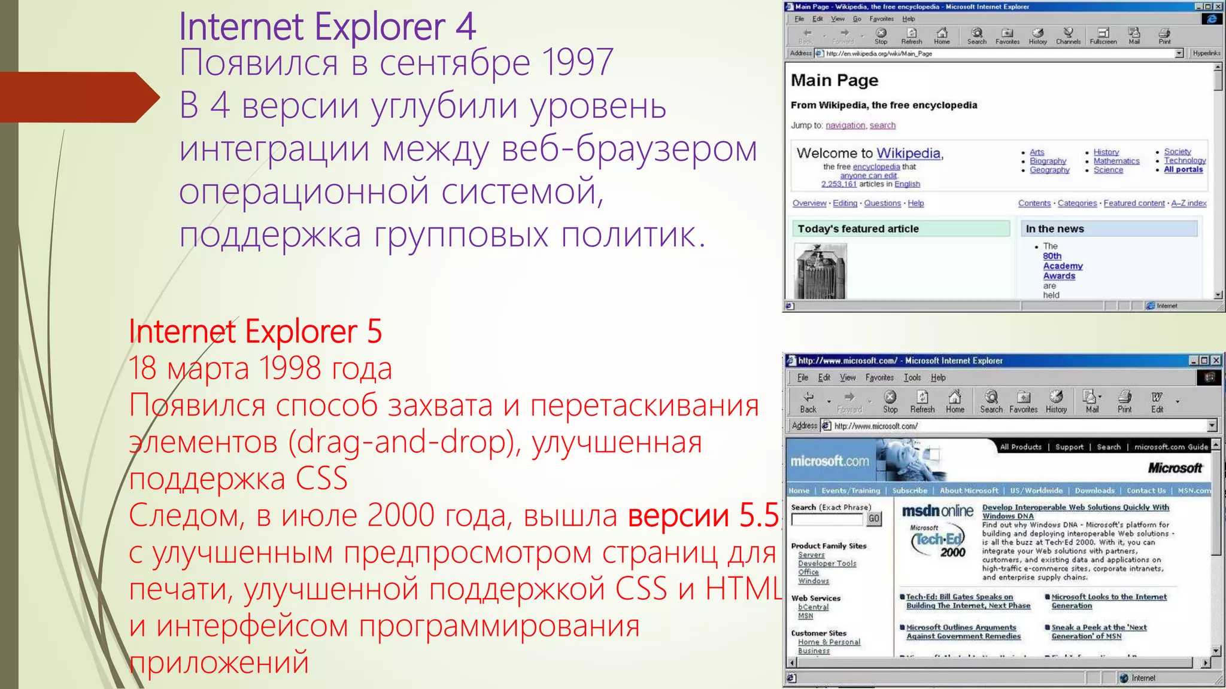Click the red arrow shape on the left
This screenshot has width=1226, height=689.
point(78,97)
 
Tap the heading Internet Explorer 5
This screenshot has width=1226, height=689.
point(255,332)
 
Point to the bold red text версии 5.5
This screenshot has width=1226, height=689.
point(703,516)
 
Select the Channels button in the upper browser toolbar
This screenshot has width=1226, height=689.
point(1068,36)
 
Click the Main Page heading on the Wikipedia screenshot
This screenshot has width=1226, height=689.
point(834,80)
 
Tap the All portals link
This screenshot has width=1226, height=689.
point(1183,169)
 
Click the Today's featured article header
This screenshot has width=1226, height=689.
point(858,228)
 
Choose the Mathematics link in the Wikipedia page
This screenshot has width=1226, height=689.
point(1116,161)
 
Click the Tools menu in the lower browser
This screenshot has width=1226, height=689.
point(912,377)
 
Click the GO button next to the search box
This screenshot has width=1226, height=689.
point(874,519)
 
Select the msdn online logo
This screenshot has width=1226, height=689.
point(937,511)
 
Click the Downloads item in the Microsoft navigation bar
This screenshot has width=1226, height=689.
point(1094,490)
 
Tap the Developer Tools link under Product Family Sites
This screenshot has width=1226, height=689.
point(827,563)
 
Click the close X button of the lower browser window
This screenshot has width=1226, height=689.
point(1216,360)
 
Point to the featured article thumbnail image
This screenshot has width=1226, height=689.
point(820,271)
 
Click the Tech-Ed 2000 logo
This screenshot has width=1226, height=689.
point(938,542)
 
